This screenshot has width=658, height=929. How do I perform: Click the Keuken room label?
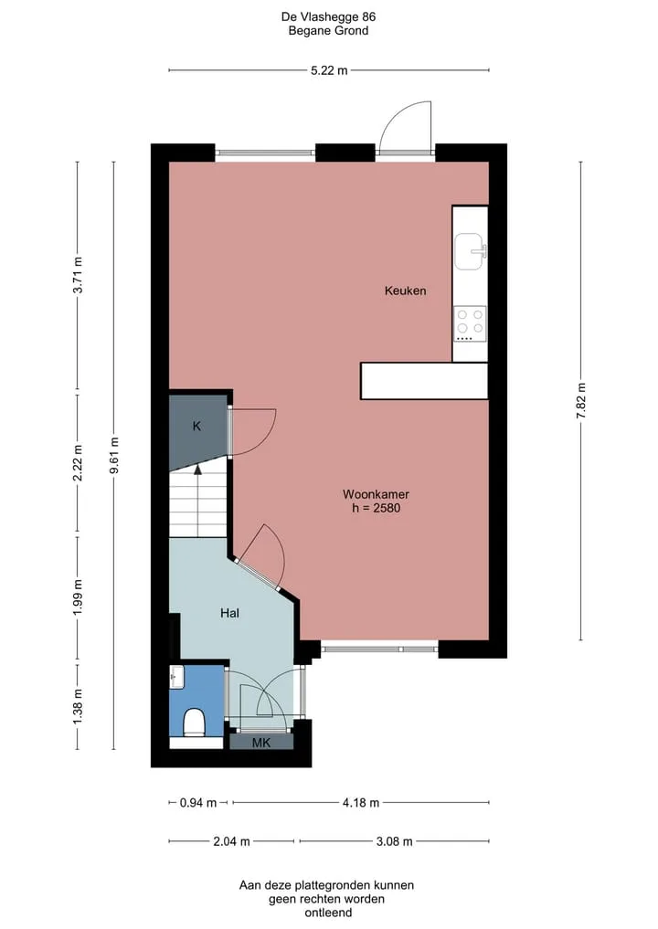[x=406, y=290]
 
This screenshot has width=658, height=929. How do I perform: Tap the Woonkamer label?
[x=376, y=494]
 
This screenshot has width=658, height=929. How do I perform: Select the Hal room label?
[x=230, y=613]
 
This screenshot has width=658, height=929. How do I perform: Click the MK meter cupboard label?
[x=261, y=743]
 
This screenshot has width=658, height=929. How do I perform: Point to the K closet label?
[x=196, y=426]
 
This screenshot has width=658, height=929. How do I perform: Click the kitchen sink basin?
[x=470, y=251]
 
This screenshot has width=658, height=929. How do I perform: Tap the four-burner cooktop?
[x=470, y=323]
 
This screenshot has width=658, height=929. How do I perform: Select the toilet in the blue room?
[x=194, y=723]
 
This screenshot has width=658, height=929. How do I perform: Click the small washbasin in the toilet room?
[x=176, y=676]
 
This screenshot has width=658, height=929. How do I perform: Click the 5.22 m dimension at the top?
[x=329, y=70]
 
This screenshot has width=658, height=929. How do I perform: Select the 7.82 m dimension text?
[x=581, y=400]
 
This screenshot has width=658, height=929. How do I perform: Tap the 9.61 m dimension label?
[x=114, y=455]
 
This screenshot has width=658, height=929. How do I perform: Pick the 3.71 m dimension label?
[x=78, y=275]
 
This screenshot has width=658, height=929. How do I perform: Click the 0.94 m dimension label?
[x=198, y=803]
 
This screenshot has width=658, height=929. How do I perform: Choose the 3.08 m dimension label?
[x=394, y=841]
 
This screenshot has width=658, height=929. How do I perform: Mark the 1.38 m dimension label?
[x=78, y=705]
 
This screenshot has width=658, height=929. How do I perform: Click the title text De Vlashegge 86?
[x=328, y=16]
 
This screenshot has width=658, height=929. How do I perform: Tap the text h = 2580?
[x=376, y=508]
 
